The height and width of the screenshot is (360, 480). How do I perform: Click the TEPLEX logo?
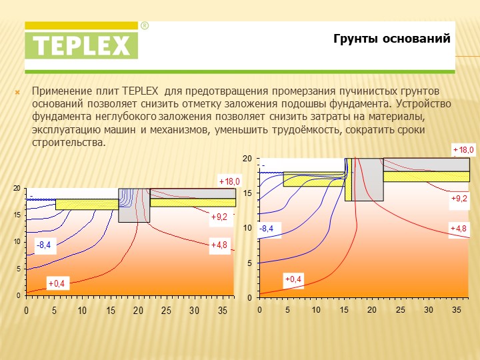(81, 40)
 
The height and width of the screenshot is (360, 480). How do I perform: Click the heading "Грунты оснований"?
(392, 39)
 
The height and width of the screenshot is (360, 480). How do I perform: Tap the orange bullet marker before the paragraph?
(17, 92)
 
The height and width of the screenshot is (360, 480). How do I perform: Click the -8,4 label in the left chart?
(44, 245)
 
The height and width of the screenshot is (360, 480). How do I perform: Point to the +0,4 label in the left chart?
(57, 283)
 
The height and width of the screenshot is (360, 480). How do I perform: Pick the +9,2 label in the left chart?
(219, 217)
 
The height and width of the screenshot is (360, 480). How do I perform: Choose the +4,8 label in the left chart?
(219, 245)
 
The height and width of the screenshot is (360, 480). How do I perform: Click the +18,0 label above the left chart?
(229, 181)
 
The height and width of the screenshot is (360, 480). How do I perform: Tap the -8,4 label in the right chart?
(266, 229)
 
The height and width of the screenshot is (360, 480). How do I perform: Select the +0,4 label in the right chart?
(293, 279)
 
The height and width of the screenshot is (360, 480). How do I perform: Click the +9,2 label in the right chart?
(459, 199)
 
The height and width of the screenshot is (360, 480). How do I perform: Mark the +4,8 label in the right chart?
(459, 229)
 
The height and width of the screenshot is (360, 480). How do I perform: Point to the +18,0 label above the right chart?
(463, 150)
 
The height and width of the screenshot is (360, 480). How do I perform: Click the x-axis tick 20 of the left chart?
(139, 311)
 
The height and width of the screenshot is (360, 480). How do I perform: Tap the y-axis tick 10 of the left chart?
(17, 242)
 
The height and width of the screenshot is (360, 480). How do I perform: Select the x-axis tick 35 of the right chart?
(457, 310)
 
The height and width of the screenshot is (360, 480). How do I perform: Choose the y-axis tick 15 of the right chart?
(247, 193)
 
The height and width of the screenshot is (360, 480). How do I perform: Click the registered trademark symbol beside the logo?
(145, 26)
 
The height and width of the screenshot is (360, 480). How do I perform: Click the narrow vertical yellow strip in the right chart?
(349, 179)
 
